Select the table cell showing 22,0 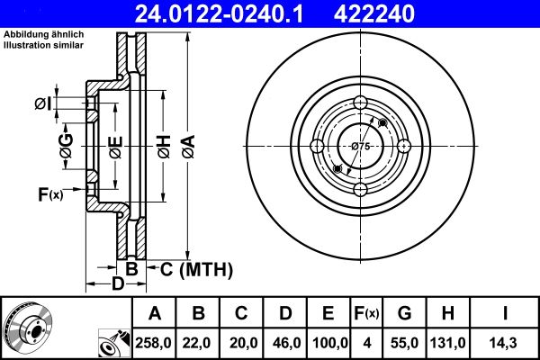click(198, 343)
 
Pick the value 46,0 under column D click(284, 343)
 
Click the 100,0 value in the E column click(328, 343)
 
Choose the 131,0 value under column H click(448, 343)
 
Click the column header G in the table click(404, 314)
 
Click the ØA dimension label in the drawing click(187, 143)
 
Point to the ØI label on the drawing click(42, 105)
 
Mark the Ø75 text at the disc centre click(361, 146)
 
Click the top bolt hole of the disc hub click(361, 102)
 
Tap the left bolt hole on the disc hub click(318, 146)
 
